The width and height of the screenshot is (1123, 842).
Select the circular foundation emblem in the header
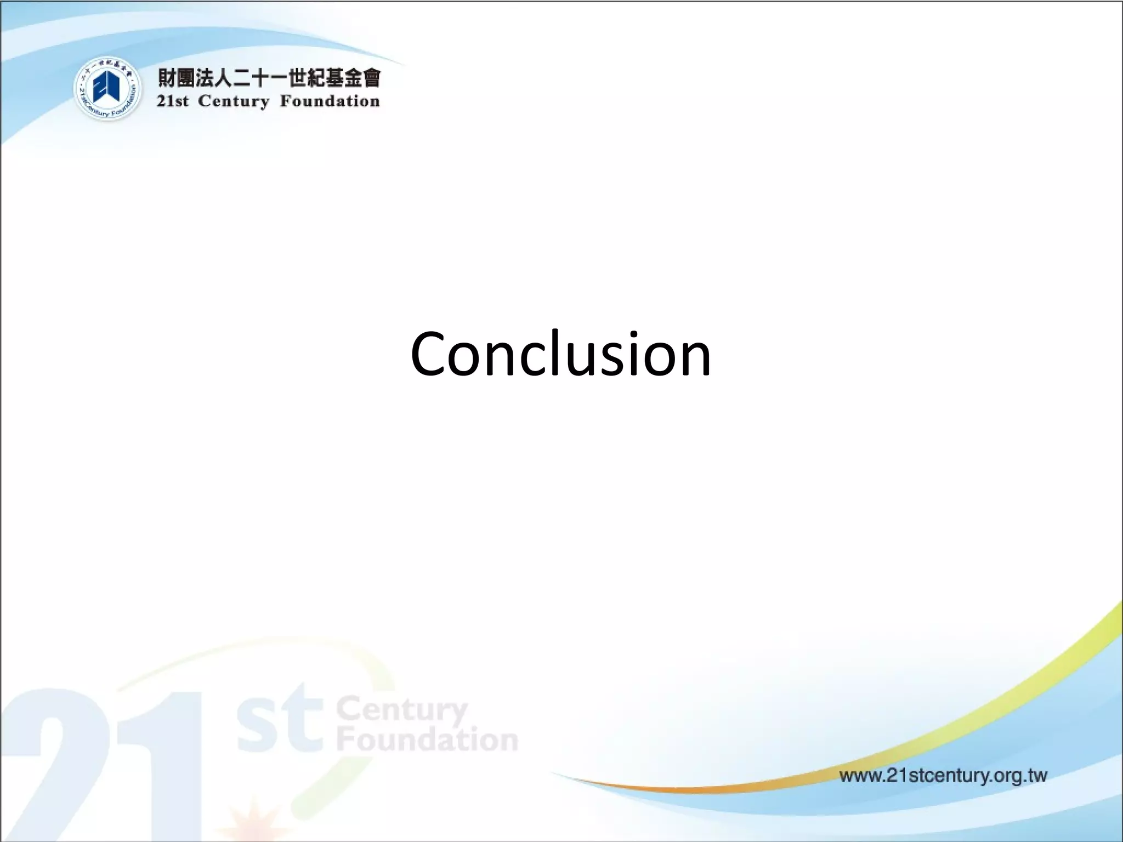click(x=108, y=89)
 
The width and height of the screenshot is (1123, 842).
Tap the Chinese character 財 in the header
click(x=168, y=78)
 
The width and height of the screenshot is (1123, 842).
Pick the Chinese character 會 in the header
click(x=370, y=78)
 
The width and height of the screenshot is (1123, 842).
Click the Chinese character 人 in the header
click(x=223, y=78)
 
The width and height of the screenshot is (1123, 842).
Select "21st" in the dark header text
click(x=172, y=102)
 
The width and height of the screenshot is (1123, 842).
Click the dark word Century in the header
click(x=234, y=102)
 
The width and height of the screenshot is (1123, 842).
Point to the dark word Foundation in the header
click(x=330, y=102)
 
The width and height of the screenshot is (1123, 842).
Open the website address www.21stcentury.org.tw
click(x=943, y=776)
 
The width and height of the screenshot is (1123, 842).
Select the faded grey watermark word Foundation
click(x=427, y=740)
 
